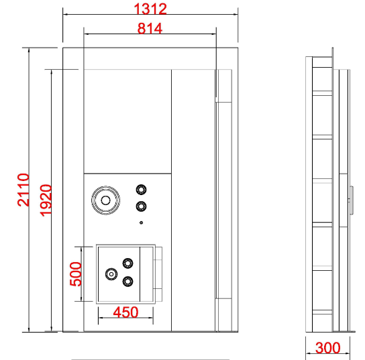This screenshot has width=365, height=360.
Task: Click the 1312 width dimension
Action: pos(150,9)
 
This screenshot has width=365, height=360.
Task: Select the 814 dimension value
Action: pos(150,28)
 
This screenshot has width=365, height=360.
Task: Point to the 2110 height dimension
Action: pos(23,190)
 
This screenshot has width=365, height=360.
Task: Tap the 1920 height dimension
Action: pos(46,200)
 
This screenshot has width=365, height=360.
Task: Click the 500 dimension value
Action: pos(76,274)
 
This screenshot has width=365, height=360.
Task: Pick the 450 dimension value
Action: pos(125,312)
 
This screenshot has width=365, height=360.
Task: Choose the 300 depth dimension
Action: pos(327,348)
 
